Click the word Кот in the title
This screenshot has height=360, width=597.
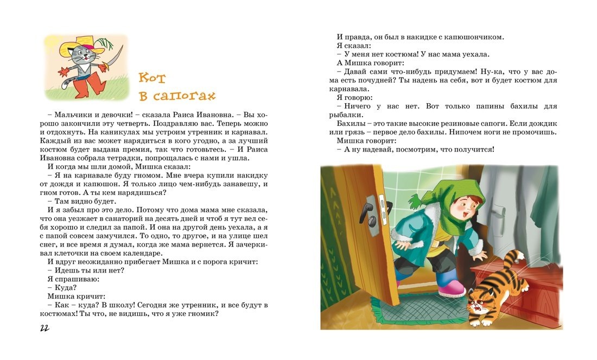coord(151,77)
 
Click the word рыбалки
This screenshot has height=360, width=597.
coord(355,115)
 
